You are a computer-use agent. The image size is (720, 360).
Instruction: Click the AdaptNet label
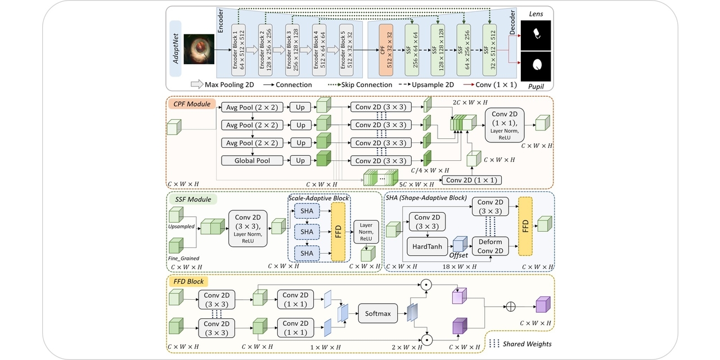point(177,49)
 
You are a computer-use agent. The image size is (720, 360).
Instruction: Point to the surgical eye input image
point(199,49)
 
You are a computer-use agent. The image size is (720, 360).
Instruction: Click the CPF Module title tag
point(191,104)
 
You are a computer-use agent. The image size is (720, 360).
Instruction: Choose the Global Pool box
point(252,160)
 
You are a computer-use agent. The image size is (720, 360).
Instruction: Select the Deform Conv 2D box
point(490,245)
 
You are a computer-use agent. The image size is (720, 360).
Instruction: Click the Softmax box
point(378,313)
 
